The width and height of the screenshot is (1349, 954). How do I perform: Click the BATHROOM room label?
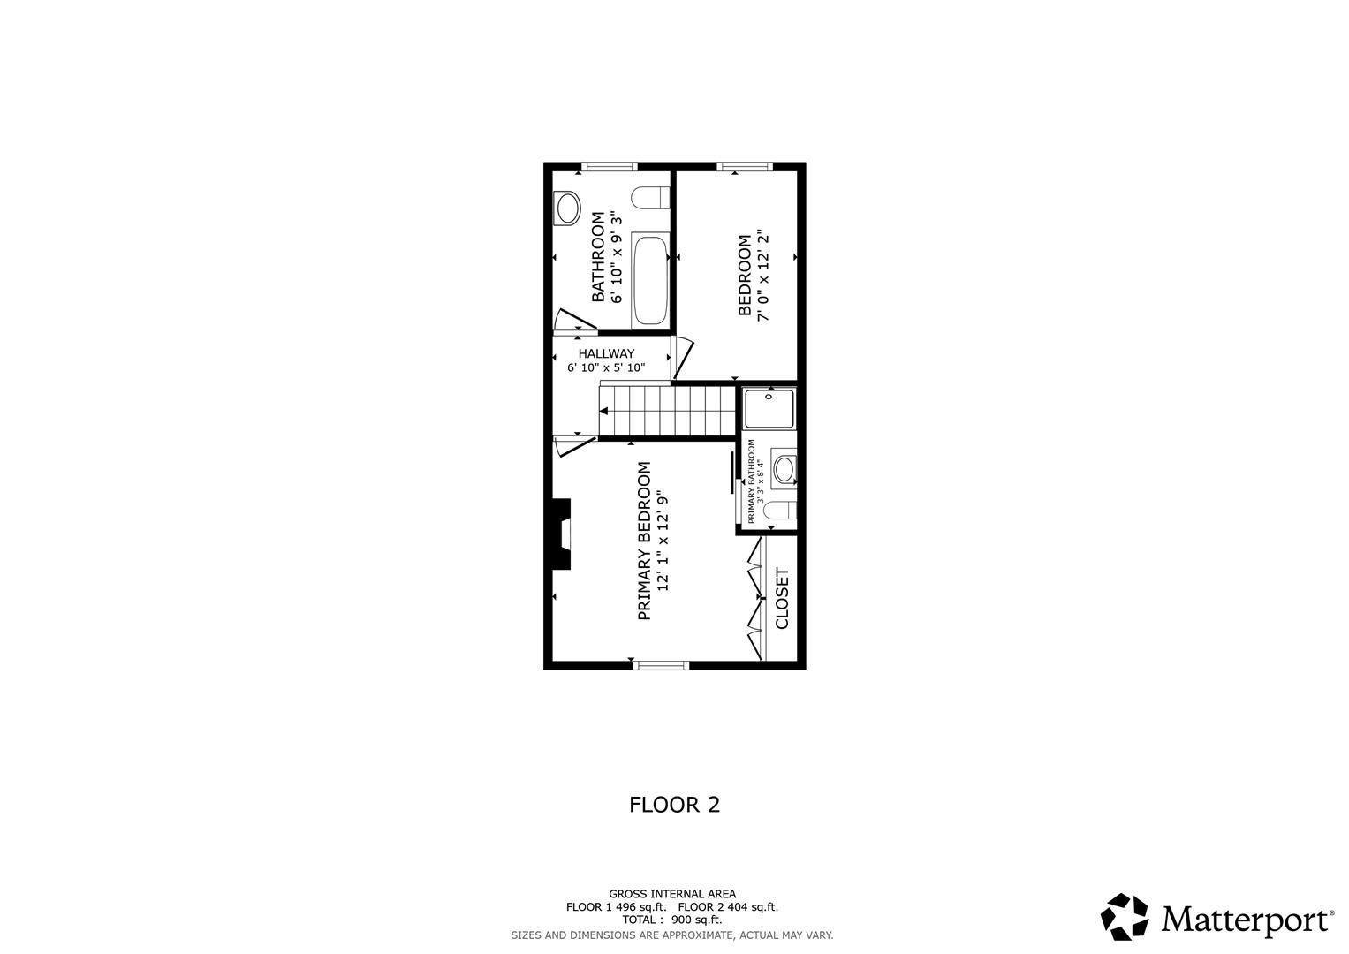[598, 256]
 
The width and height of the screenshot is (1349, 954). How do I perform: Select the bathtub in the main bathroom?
[650, 281]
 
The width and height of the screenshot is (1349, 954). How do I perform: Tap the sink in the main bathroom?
[567, 208]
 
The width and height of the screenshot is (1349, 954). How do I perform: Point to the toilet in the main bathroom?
[650, 197]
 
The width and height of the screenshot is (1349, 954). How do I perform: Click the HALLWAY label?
[606, 353]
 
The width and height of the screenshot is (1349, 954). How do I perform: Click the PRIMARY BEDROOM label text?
[644, 541]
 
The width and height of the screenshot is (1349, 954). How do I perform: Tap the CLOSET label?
[782, 598]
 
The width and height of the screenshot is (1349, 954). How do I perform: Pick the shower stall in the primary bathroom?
[769, 408]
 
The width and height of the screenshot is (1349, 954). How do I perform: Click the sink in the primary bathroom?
[784, 469]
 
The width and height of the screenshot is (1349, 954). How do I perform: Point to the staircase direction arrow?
[604, 411]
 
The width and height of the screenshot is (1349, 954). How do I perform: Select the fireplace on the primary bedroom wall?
[560, 534]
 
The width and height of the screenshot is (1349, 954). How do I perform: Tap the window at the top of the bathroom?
[610, 166]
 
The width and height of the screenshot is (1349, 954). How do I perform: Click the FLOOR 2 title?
[674, 805]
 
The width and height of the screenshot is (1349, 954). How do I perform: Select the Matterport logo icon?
[1125, 917]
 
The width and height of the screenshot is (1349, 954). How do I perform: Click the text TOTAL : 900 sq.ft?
[671, 920]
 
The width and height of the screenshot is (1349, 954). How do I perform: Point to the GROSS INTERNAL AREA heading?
[671, 894]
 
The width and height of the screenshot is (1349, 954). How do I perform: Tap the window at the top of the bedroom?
[744, 166]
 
